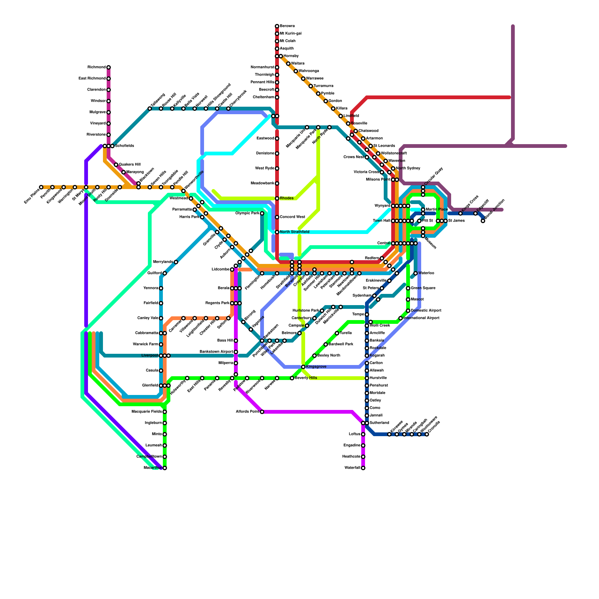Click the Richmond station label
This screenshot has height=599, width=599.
97,67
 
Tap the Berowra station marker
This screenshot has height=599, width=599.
277,26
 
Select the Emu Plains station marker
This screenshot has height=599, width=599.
41,187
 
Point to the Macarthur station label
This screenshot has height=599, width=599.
153,468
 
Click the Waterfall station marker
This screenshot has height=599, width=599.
363,468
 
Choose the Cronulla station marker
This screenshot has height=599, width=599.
427,434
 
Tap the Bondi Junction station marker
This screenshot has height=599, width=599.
483,221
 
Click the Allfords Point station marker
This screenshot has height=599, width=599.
262,412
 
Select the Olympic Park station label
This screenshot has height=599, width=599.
247,213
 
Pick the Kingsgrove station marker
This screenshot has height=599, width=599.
303,367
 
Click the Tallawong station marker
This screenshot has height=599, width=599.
150,109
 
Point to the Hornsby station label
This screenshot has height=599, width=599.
291,56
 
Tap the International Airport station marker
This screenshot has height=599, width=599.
401,318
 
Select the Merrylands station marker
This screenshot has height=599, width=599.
176,262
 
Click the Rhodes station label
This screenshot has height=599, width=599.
287,198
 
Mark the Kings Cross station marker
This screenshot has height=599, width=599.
460,213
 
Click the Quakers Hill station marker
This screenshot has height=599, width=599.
116,165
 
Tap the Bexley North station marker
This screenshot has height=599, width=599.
314,356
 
